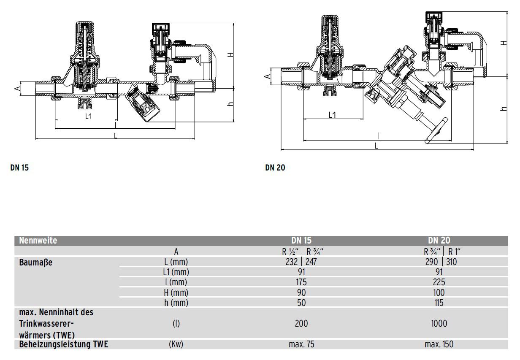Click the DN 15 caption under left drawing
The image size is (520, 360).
(x=19, y=168)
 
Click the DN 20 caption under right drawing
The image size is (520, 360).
(x=275, y=168)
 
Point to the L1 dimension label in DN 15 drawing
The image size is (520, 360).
(x=89, y=116)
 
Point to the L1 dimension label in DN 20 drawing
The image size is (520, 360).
(x=332, y=115)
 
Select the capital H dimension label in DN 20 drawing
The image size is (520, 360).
(x=503, y=43)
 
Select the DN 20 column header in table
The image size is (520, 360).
(x=439, y=241)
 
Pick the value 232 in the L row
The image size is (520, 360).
(x=292, y=262)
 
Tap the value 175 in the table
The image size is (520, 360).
(x=301, y=282)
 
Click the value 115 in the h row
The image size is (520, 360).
(x=439, y=303)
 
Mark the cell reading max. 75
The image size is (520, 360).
(x=301, y=344)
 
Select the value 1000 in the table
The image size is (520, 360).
(x=439, y=324)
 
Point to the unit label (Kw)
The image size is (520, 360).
(x=176, y=344)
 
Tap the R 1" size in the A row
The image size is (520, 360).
(x=454, y=252)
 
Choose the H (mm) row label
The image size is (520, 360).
(x=176, y=292)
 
